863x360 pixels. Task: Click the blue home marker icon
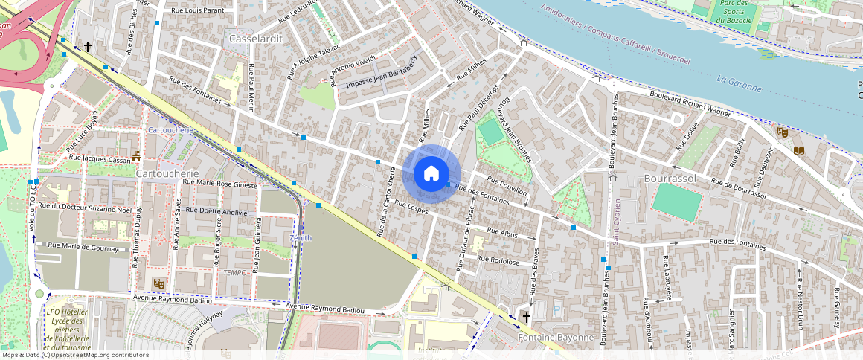431,173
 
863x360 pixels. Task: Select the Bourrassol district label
668,179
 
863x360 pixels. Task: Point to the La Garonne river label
739,83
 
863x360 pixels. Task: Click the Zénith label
301,238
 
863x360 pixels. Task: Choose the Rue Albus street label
502,234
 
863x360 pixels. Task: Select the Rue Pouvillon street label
507,186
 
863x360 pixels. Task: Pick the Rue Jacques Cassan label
98,158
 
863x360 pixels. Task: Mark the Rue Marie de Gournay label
83,245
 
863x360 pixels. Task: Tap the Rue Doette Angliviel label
217,210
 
